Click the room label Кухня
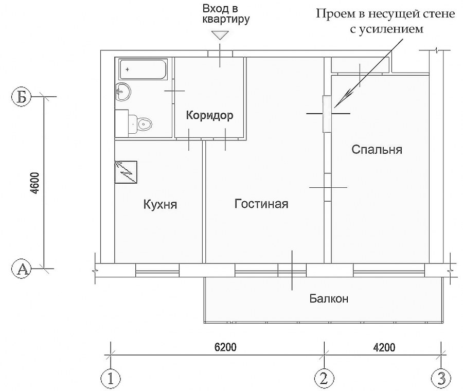pos(160,205)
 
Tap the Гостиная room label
pos(261,204)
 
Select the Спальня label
pos(377,150)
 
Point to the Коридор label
pos(209,115)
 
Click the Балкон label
pos(326,298)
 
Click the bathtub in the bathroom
pos(143,69)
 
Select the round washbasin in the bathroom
pos(123,93)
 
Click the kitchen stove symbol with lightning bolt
pos(126,171)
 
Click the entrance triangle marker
pos(220,35)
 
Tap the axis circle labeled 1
pos(110,379)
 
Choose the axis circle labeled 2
pos(323,379)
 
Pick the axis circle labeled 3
pos(440,379)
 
